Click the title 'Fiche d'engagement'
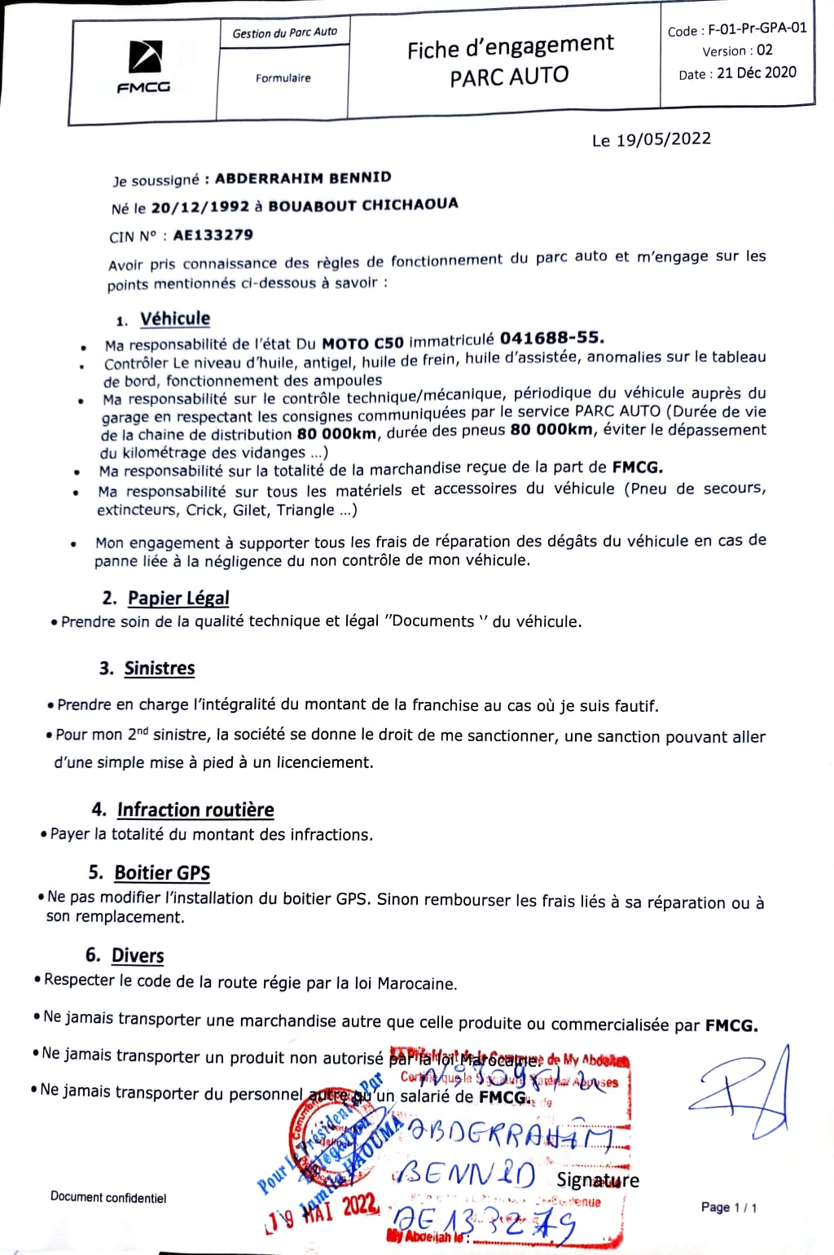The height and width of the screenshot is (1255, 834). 510,47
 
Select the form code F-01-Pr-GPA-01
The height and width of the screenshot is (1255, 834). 757,29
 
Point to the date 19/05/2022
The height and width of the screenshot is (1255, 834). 663,139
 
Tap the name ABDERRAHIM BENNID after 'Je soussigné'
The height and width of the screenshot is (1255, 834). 303,178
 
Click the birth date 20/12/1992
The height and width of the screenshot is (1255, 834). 200,207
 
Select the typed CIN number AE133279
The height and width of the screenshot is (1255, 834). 213,235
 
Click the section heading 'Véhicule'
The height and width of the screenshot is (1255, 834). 174,318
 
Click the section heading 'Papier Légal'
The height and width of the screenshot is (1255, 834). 178,598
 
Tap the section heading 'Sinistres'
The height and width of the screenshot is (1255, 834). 160,669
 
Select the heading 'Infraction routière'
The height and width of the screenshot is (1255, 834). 195,810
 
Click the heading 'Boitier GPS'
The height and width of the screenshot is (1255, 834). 162,873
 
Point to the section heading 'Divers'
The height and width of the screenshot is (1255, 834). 138,955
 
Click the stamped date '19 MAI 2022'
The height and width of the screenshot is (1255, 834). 324,1209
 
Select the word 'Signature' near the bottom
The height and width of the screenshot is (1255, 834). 598,1180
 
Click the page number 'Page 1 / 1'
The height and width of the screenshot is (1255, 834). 728,1207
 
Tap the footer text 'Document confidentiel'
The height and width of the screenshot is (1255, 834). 108,1196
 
